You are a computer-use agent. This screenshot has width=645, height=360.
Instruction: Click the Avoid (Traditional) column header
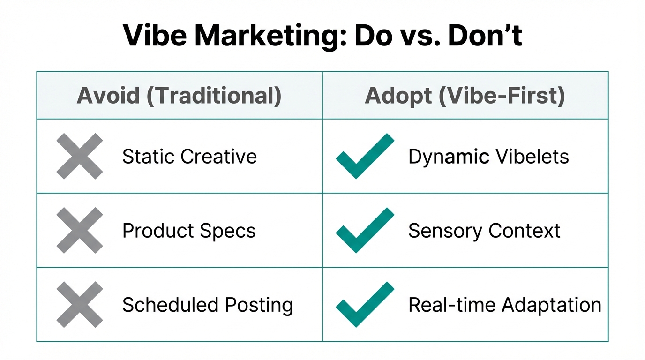point(179,96)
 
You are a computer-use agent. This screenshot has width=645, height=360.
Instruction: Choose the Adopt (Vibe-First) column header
point(465,96)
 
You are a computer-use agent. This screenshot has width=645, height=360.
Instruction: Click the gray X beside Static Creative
point(79,156)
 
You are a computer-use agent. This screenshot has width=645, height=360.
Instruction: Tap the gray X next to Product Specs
point(79,231)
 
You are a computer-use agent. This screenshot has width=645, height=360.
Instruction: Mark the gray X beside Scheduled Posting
point(79,305)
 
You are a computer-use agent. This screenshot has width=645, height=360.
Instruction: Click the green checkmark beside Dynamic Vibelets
point(365,156)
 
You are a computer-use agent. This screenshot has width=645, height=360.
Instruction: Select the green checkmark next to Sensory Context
point(365,231)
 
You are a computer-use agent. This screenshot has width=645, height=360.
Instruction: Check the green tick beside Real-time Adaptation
point(365,305)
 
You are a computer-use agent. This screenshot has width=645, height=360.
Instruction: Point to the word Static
point(149,156)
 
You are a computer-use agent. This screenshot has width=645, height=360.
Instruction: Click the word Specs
point(233,231)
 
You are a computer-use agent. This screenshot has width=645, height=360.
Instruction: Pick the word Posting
point(259,305)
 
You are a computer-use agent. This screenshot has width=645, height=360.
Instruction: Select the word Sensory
point(445,231)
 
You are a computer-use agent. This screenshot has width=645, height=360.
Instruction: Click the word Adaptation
point(551,305)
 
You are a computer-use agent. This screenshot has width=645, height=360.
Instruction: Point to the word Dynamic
point(449,157)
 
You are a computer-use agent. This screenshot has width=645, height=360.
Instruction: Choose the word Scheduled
point(171,305)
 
